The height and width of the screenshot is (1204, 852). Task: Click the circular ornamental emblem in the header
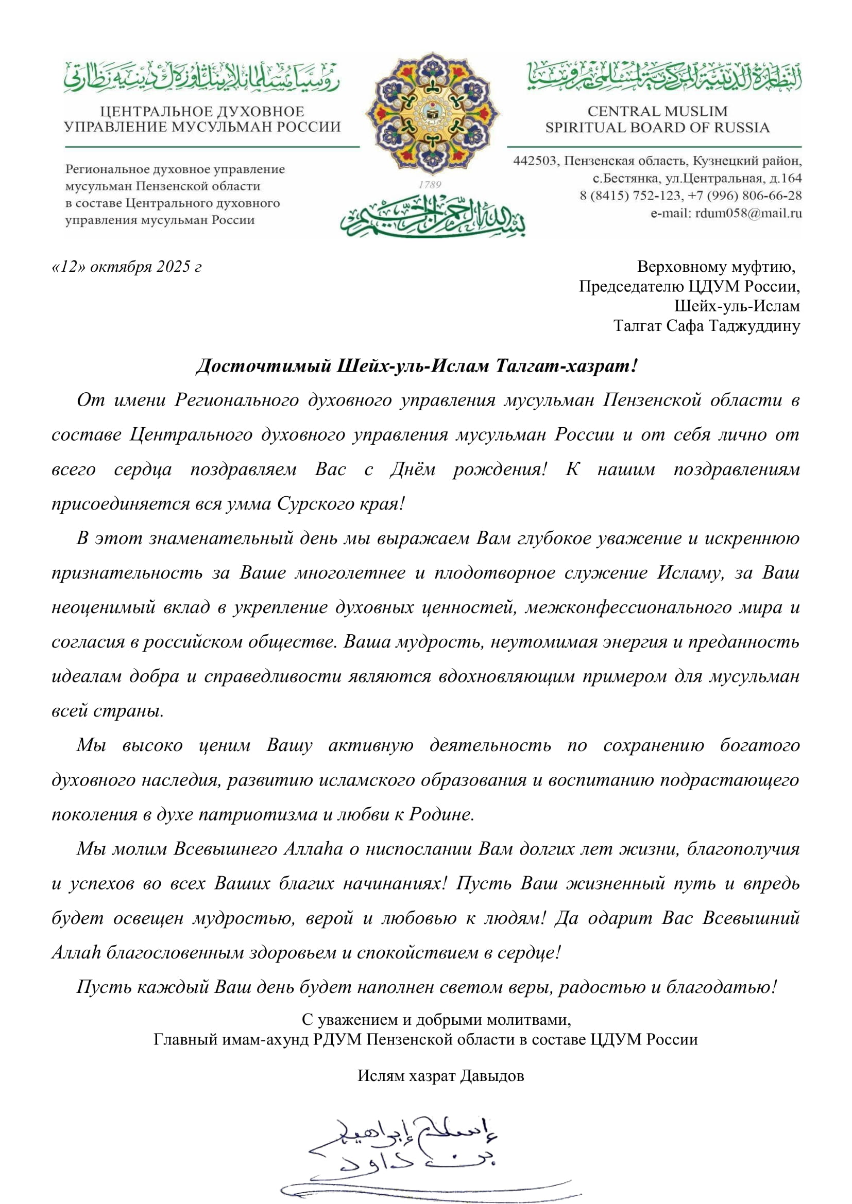pyautogui.click(x=433, y=113)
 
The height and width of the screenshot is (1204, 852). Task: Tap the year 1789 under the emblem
pyautogui.click(x=430, y=185)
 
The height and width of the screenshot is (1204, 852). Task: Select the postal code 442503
pyautogui.click(x=534, y=161)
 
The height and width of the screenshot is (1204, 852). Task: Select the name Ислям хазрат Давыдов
pyautogui.click(x=441, y=1075)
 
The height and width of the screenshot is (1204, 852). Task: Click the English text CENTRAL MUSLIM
pyautogui.click(x=657, y=111)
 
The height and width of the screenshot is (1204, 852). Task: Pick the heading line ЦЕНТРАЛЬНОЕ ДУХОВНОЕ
pyautogui.click(x=202, y=111)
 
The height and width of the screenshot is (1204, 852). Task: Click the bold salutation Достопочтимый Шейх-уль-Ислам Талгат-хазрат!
pyautogui.click(x=417, y=365)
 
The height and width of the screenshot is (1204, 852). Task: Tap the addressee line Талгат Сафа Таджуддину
pyautogui.click(x=707, y=326)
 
